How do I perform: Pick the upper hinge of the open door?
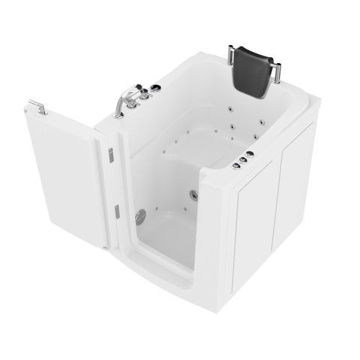click(109, 154)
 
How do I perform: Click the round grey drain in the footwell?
click(139, 217)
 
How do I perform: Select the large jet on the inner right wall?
click(193, 196)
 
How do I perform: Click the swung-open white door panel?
click(64, 176)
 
